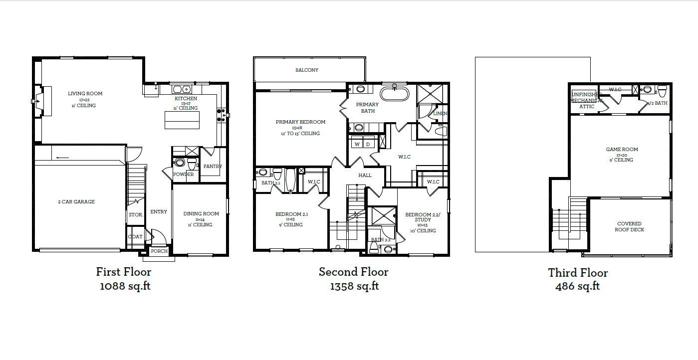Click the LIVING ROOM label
85,94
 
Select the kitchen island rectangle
182,120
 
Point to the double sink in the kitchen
182,89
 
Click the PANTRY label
213,167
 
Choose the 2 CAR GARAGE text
76,202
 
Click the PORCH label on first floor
159,251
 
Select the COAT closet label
135,237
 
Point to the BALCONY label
306,70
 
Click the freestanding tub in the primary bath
394,94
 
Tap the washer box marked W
357,144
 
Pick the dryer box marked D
368,144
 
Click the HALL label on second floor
365,176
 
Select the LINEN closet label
440,114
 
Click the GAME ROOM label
622,150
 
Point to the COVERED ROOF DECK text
629,227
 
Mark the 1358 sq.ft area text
354,286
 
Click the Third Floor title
578,273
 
